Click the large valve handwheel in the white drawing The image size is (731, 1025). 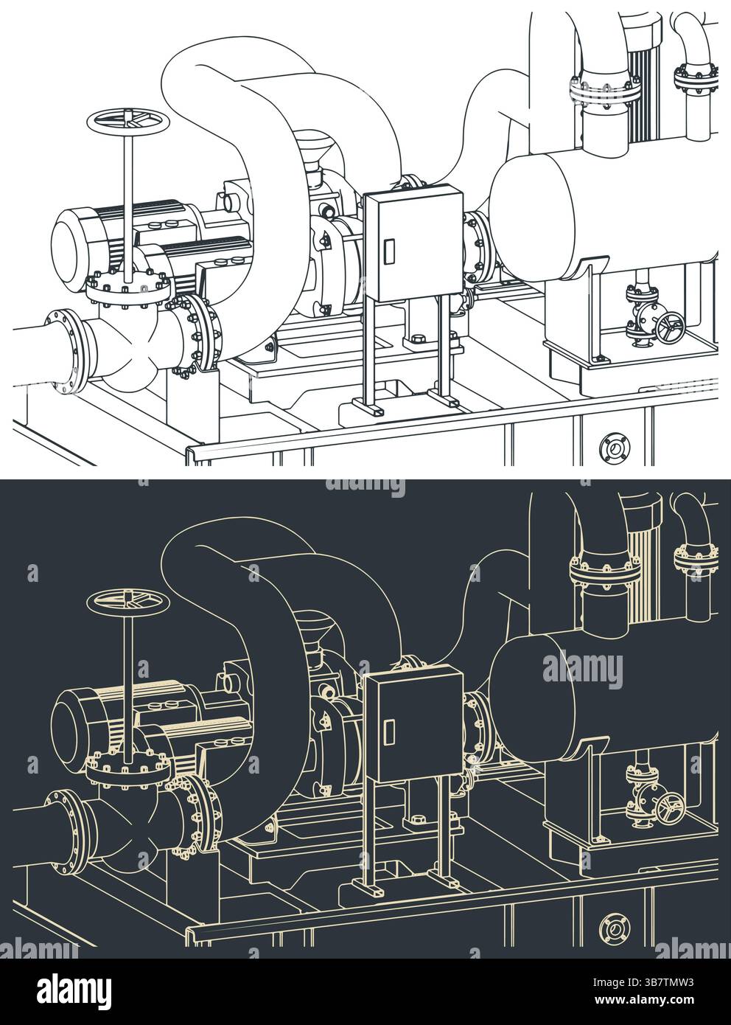128,122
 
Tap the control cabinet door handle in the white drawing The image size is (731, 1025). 388,251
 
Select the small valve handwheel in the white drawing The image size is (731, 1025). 670,327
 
